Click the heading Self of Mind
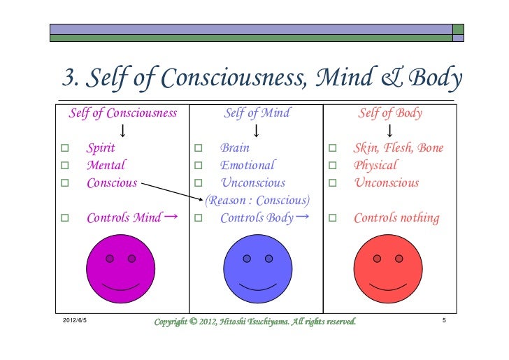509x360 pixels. [x=257, y=113]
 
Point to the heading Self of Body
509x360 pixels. [x=389, y=113]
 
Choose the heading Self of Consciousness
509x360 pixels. [x=122, y=113]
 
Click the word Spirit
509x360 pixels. [x=101, y=148]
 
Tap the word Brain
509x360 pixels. [x=235, y=148]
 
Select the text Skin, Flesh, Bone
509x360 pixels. [x=398, y=148]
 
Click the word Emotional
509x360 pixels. [x=248, y=166]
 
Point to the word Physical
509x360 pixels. [x=375, y=166]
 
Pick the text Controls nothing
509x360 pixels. [x=396, y=218]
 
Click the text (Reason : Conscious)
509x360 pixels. [x=257, y=201]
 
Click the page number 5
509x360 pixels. [x=444, y=321]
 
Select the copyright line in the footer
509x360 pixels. [x=254, y=322]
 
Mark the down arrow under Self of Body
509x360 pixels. [x=389, y=131]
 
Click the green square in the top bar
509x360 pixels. [x=458, y=30]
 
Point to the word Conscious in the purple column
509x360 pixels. [x=112, y=183]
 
